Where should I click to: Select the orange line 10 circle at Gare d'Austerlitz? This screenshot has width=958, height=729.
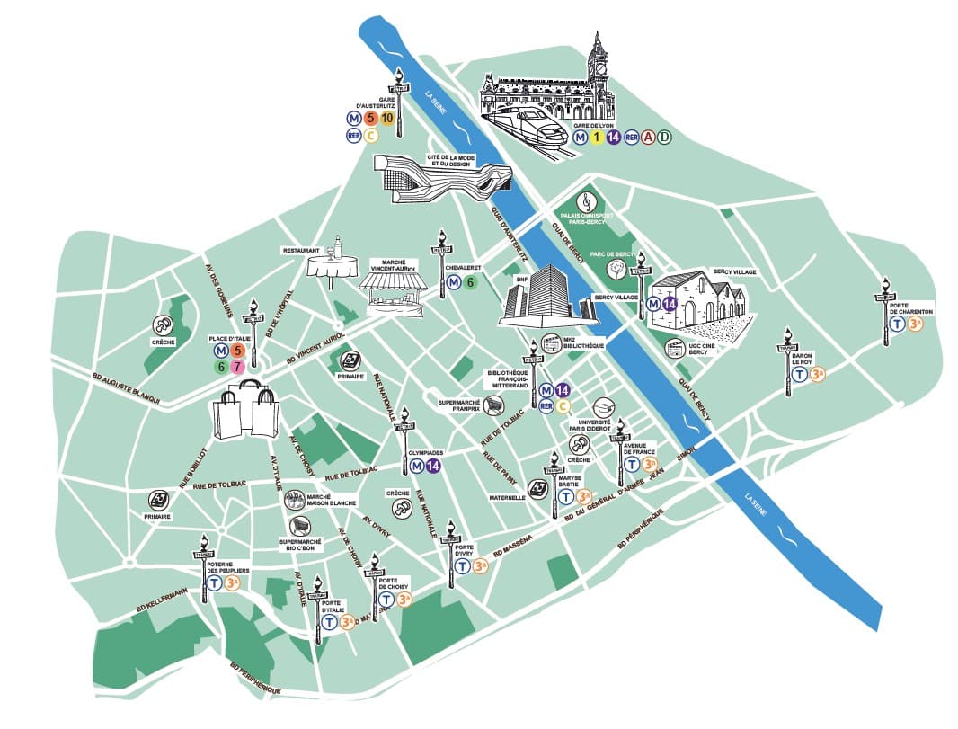pyautogui.click(x=386, y=118)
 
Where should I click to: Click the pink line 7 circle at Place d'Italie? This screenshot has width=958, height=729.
pyautogui.click(x=236, y=366)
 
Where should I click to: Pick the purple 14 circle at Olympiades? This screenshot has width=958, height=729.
pyautogui.click(x=433, y=466)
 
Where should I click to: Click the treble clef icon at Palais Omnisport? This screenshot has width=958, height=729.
pyautogui.click(x=587, y=198)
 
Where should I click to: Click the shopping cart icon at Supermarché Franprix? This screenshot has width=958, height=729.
pyautogui.click(x=492, y=407)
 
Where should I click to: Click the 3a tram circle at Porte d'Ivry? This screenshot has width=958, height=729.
pyautogui.click(x=480, y=566)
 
